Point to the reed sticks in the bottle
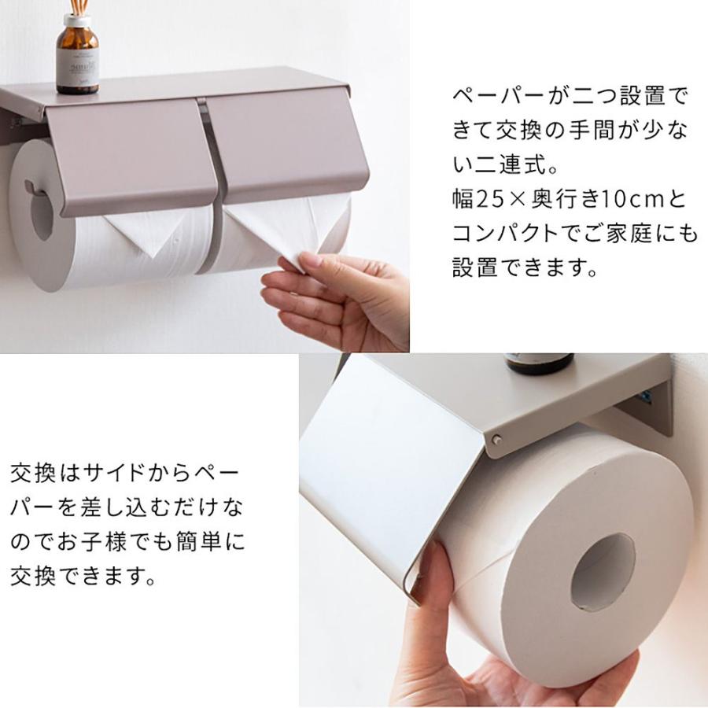click(x=78, y=8)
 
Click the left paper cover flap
click(x=130, y=153)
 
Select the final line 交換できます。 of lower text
click(x=83, y=577)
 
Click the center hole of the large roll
click(x=602, y=571)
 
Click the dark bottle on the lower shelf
click(x=540, y=363)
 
